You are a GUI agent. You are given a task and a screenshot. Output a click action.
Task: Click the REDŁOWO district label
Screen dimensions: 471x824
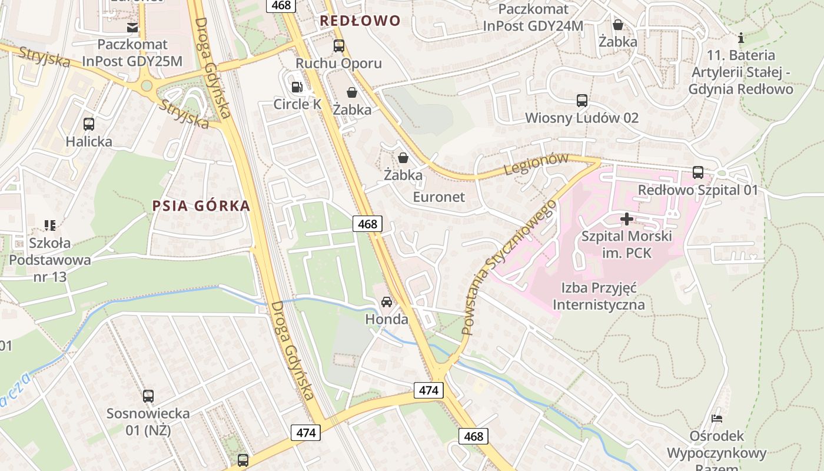[360, 21]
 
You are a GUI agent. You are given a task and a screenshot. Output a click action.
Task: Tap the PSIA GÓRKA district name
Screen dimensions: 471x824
[201, 206]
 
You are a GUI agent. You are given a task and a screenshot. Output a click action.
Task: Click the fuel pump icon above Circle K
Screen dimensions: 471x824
[297, 87]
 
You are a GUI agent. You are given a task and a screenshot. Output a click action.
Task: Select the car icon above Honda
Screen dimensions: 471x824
[387, 302]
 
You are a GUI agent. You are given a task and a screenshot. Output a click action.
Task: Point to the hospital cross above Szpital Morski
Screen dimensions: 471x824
[627, 219]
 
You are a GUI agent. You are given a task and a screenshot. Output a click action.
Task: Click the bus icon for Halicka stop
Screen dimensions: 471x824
[89, 124]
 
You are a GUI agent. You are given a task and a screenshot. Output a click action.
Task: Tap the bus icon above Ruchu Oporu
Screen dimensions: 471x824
[338, 46]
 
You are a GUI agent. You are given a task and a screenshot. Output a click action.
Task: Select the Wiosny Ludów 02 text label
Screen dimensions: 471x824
[582, 118]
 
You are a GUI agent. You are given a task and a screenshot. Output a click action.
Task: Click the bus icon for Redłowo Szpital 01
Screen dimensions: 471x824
[698, 173]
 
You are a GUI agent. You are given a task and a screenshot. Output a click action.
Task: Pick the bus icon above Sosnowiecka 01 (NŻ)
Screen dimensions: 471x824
[148, 396]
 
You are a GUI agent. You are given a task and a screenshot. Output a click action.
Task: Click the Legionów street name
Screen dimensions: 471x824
[537, 164]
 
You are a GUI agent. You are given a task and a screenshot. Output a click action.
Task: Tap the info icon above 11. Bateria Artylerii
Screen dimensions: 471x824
[741, 38]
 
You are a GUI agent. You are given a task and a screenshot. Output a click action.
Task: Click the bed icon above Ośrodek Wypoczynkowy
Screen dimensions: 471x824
[717, 419]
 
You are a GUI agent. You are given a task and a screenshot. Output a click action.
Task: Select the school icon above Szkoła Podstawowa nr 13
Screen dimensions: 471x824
[50, 225]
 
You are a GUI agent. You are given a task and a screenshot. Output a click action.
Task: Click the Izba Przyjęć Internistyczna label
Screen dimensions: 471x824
[599, 297]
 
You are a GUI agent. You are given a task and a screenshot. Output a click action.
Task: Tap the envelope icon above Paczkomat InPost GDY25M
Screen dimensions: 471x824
[132, 27]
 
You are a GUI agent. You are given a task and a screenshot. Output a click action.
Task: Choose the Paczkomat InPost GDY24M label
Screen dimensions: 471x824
[533, 17]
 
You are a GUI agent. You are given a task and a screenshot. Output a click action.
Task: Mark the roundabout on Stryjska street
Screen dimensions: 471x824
[147, 86]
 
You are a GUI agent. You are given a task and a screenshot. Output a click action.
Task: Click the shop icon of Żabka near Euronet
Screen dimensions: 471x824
[403, 158]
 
